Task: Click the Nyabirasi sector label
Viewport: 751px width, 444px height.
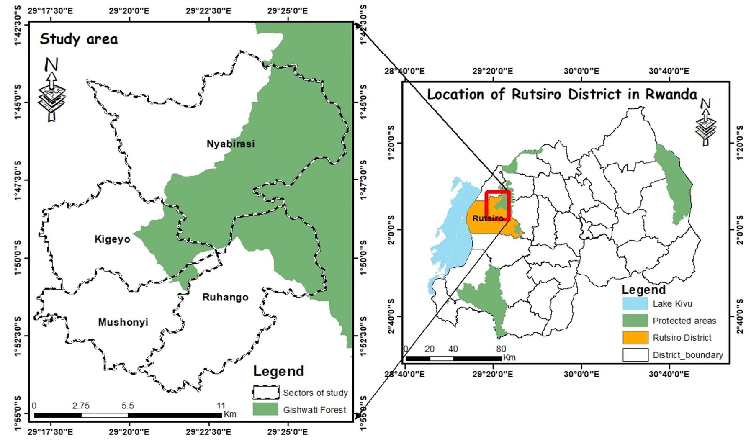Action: (x=230, y=144)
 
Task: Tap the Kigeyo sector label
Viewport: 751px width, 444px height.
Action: (x=112, y=239)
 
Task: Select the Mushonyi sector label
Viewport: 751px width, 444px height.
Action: (x=123, y=322)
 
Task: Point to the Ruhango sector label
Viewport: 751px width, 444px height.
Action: (x=225, y=297)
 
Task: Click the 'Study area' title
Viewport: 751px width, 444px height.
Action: (x=79, y=39)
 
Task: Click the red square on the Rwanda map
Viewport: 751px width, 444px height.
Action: (x=497, y=205)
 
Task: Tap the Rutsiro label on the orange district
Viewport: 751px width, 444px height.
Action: (x=488, y=218)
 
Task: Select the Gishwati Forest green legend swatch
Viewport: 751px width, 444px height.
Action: (x=265, y=409)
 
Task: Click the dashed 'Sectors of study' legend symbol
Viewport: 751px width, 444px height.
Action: (x=265, y=392)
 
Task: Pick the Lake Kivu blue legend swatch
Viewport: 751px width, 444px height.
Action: (x=635, y=304)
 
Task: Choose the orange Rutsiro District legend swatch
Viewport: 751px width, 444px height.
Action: (x=635, y=338)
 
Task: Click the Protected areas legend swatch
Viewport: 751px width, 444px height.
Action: (x=635, y=321)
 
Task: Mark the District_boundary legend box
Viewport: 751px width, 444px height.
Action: (x=635, y=355)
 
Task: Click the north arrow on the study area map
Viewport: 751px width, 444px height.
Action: (x=51, y=90)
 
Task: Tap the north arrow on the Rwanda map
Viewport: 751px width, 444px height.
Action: (x=706, y=122)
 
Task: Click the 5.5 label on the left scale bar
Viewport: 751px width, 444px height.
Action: (x=128, y=406)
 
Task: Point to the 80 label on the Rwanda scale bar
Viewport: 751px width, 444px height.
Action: (x=501, y=349)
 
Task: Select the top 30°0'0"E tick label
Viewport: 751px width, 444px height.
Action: (x=581, y=71)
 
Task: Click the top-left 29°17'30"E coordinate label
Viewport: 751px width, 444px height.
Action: (x=51, y=10)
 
